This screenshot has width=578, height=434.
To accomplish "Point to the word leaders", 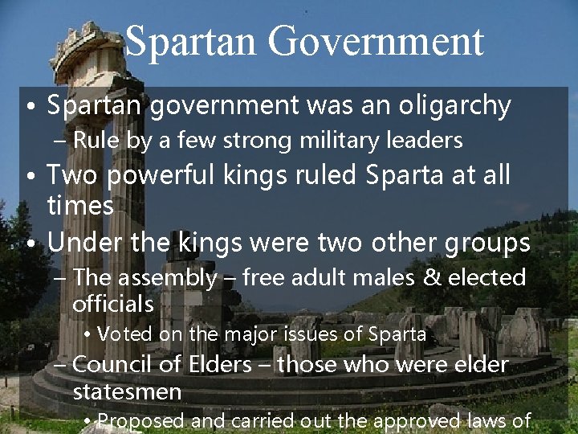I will tap(426, 141).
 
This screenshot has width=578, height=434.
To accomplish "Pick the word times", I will tap(80, 206).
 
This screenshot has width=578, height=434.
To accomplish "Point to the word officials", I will tap(112, 305).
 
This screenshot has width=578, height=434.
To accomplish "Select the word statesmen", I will tap(127, 392).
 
